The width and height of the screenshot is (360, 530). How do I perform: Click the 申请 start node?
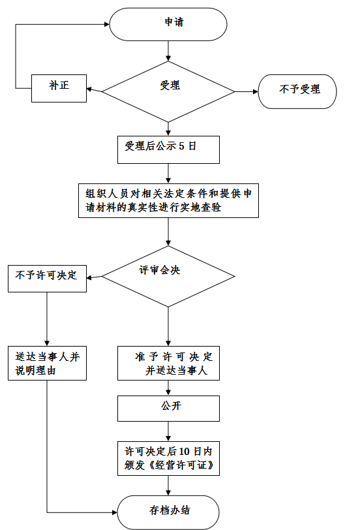tap(168, 24)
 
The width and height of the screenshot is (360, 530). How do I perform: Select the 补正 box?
tap(59, 88)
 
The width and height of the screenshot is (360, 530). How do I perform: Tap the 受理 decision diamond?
tap(168, 91)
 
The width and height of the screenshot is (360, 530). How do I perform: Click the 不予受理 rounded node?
tap(297, 91)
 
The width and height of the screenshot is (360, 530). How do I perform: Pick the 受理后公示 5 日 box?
tap(168, 149)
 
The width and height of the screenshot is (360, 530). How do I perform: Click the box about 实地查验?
tap(168, 200)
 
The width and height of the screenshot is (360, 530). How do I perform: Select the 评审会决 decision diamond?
tap(168, 277)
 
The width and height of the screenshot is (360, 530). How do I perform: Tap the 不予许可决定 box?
tap(47, 279)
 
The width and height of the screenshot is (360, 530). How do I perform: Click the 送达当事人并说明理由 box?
tap(47, 363)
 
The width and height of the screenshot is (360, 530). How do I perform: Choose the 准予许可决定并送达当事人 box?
tap(168, 363)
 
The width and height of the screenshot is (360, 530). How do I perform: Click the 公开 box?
tap(168, 409)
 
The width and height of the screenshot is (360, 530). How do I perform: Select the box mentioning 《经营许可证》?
tap(168, 458)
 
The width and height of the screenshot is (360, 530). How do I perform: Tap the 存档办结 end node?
tap(168, 512)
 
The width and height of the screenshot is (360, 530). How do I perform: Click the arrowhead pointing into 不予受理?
tap(256, 91)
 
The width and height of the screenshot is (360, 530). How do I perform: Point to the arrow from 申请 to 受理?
tap(168, 51)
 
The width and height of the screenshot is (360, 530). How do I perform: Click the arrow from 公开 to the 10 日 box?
tap(168, 431)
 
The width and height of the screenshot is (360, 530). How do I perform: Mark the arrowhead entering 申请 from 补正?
tap(107, 24)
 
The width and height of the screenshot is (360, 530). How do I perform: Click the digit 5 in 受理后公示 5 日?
tap(181, 146)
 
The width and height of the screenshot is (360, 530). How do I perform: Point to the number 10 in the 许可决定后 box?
tap(184, 452)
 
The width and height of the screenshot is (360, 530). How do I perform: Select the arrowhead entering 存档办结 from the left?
tap(115, 512)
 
